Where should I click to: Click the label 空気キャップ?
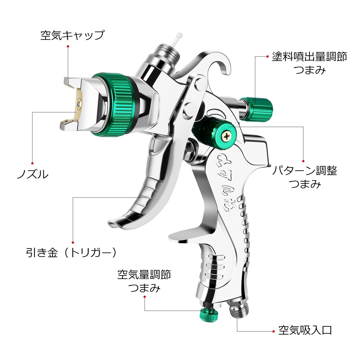(72, 36)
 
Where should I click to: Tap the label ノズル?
(33, 174)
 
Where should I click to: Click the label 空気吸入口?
(305, 330)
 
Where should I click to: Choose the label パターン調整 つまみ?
(305, 177)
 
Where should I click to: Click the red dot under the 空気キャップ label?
(68, 46)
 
